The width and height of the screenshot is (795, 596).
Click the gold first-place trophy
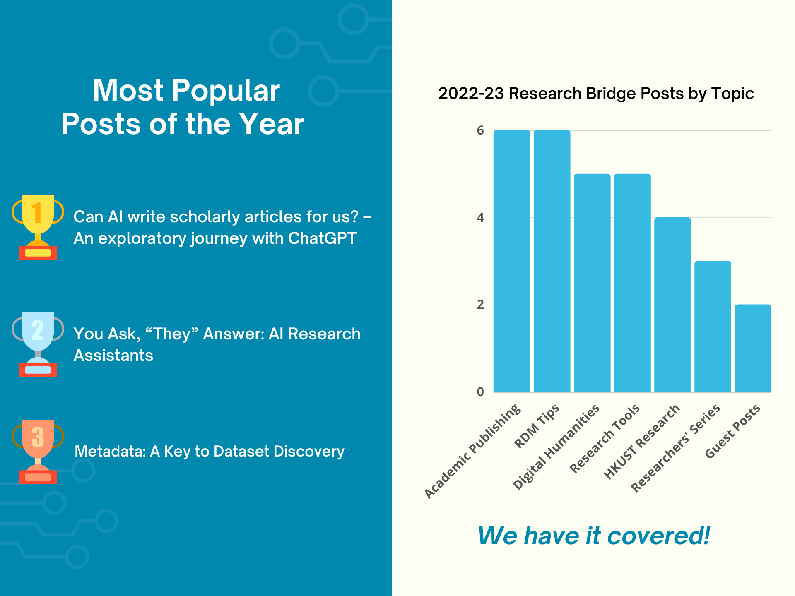pos(38,227)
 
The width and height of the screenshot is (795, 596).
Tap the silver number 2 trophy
pos(38,344)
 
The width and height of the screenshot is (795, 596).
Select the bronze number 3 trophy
pos(38,451)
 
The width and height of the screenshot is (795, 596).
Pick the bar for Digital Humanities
pos(592,283)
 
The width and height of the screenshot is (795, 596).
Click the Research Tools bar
pos(632,283)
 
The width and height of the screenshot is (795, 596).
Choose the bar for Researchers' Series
pos(712,327)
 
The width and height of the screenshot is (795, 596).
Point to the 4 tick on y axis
pos(480,218)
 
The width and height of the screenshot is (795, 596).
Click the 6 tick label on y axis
pos(480,130)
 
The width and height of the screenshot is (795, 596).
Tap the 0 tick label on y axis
pos(480,392)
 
